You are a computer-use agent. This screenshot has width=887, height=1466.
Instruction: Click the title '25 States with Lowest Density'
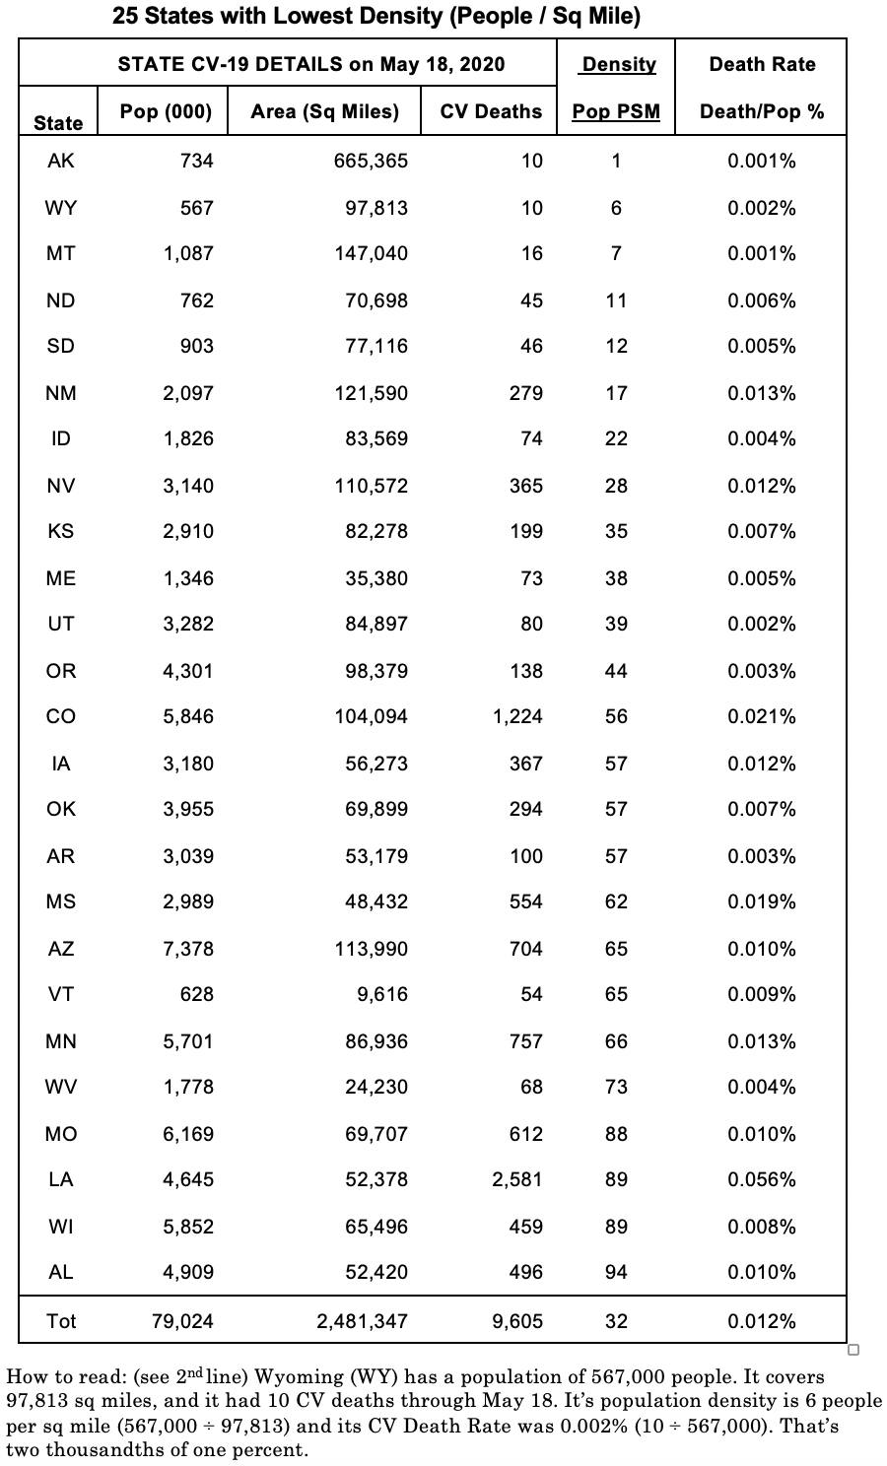375,16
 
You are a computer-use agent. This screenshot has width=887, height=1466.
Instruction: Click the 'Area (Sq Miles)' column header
324,111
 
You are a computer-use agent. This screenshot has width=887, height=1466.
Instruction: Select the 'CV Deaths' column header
491,111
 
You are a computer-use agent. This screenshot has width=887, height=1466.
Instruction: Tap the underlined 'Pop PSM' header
616,111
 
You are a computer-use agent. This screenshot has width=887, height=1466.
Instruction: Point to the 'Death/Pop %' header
762,111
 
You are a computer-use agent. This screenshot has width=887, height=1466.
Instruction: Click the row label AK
60,161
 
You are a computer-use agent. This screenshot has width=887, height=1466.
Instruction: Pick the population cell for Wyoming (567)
196,208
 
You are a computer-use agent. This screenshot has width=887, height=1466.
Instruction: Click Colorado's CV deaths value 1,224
517,716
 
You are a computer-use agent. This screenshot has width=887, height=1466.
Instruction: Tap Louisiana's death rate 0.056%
761,1179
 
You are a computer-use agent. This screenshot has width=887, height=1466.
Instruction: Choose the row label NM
60,393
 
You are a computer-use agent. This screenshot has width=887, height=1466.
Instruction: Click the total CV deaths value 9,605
517,1321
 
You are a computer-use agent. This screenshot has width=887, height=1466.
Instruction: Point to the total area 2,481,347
362,1321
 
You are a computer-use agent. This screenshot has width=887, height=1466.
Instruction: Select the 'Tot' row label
60,1321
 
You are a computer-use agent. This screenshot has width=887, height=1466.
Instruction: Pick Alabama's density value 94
616,1272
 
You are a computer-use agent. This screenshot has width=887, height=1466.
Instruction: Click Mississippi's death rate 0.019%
761,901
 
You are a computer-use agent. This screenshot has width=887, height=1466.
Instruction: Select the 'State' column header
58,123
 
